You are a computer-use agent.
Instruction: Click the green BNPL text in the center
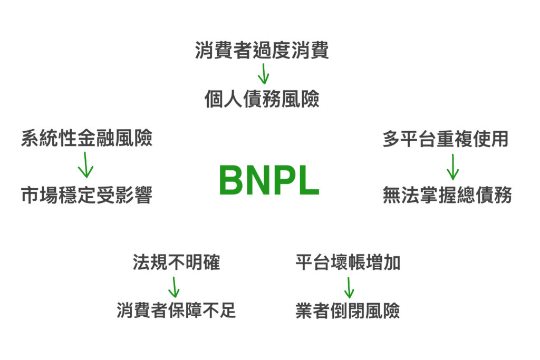[x=269, y=181]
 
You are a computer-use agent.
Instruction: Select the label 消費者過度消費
[x=262, y=51]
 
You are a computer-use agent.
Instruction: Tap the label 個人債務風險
[x=262, y=99]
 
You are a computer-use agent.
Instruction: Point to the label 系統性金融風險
[x=86, y=139]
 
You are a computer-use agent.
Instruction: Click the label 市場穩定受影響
[x=86, y=196]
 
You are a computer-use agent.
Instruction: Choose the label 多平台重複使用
[x=446, y=139]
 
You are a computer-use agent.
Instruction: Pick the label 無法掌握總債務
[x=447, y=196]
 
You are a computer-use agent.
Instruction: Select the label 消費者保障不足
[x=176, y=310]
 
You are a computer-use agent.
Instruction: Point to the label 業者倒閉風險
[x=348, y=310]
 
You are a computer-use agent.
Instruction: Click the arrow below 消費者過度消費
[x=263, y=74]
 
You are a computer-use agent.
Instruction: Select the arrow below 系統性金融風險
[x=85, y=166]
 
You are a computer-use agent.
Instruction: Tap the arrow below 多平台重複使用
[x=452, y=167]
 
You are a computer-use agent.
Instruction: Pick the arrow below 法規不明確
[x=174, y=287]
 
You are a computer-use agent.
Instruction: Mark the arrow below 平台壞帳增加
[x=349, y=287]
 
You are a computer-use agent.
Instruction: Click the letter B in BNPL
[x=231, y=181]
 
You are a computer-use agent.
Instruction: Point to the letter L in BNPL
[x=308, y=181]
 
